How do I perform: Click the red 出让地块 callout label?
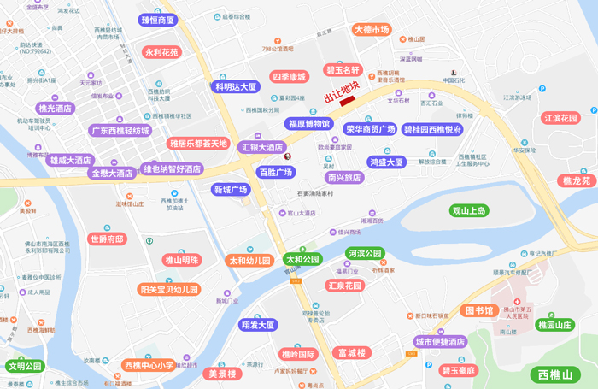[x=341, y=90]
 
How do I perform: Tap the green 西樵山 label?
[x=554, y=374]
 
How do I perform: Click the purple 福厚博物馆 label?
[x=308, y=123]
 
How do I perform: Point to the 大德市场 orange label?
[x=372, y=30]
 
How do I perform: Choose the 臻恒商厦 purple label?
[x=157, y=20]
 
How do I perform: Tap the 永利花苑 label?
[x=162, y=52]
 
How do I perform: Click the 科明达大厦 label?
[x=237, y=86]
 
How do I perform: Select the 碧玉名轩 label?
[x=344, y=69]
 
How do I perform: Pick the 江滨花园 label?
[x=560, y=118]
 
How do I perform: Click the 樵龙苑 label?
[x=576, y=180]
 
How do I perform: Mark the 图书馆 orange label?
[x=478, y=309]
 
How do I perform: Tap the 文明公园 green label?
[x=24, y=367]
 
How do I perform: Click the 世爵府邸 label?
[x=107, y=239]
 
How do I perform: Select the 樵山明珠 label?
[x=181, y=260]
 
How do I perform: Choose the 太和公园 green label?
[x=302, y=259]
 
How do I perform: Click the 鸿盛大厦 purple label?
[x=386, y=162]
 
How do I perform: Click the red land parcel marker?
[x=347, y=102]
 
